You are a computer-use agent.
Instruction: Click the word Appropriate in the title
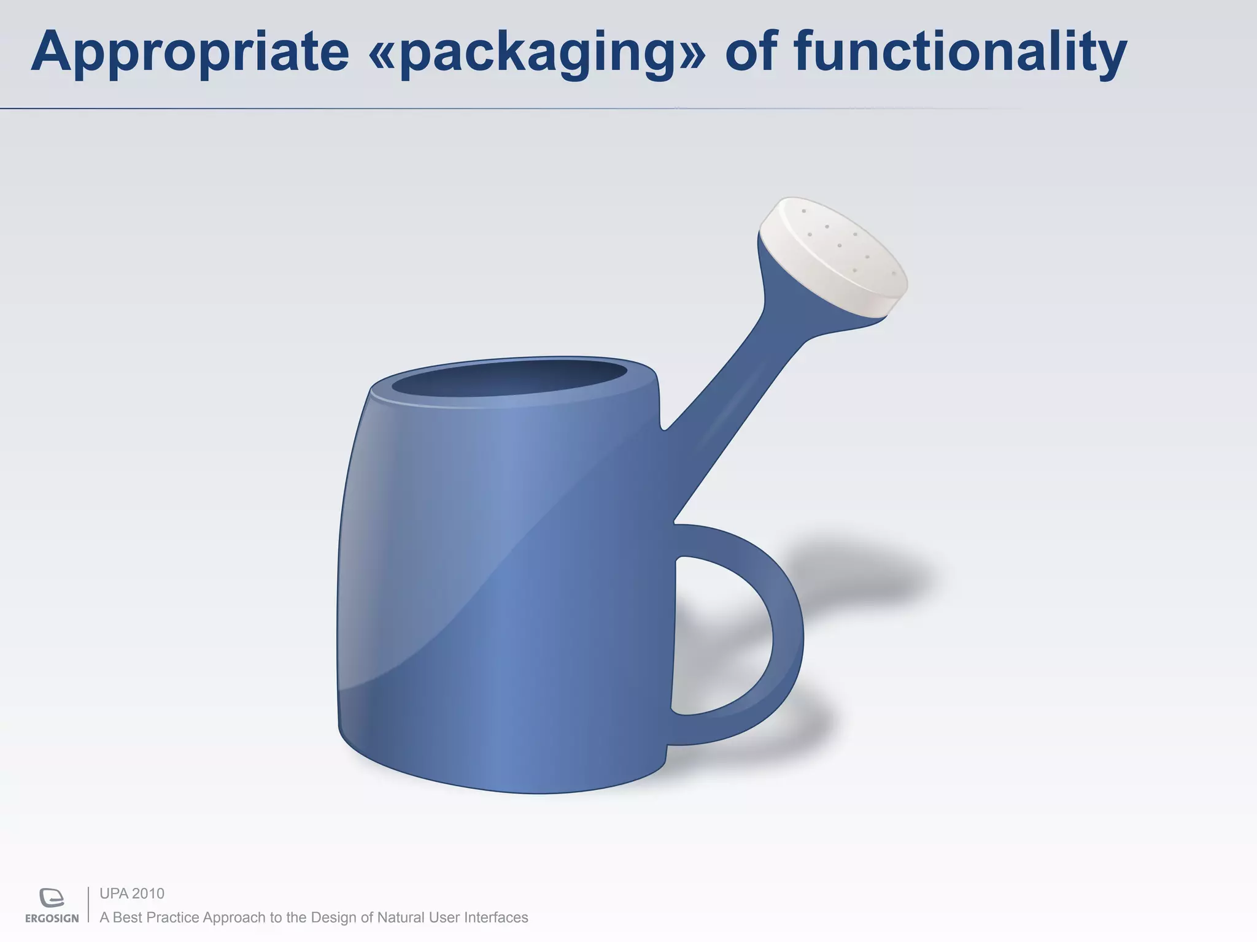click(x=190, y=52)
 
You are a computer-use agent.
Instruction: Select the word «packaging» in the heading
click(x=536, y=52)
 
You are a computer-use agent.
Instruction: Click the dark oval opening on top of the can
click(x=509, y=377)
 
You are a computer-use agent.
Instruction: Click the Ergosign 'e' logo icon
click(x=52, y=897)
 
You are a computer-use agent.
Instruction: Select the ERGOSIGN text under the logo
click(x=52, y=919)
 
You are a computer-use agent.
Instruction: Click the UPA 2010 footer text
click(x=132, y=894)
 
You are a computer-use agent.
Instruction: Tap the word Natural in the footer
click(x=401, y=917)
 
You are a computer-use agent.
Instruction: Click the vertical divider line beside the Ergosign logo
click(x=88, y=905)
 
